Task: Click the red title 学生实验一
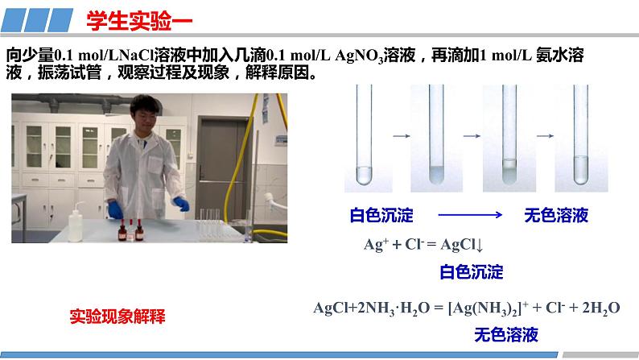click(139, 21)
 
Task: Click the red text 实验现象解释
click(117, 317)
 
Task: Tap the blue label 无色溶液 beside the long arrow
click(556, 215)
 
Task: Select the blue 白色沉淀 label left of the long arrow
click(381, 215)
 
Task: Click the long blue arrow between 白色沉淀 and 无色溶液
click(470, 214)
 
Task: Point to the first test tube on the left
click(364, 134)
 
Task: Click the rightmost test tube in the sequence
click(581, 134)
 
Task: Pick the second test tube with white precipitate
click(436, 134)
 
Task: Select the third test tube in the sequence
click(509, 134)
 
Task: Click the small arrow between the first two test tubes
click(402, 136)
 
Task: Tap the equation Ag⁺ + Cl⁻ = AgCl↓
click(423, 245)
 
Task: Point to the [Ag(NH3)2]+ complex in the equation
click(489, 308)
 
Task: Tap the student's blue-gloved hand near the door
click(181, 204)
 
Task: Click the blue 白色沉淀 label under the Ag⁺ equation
click(472, 272)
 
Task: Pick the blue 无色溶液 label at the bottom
click(506, 335)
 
